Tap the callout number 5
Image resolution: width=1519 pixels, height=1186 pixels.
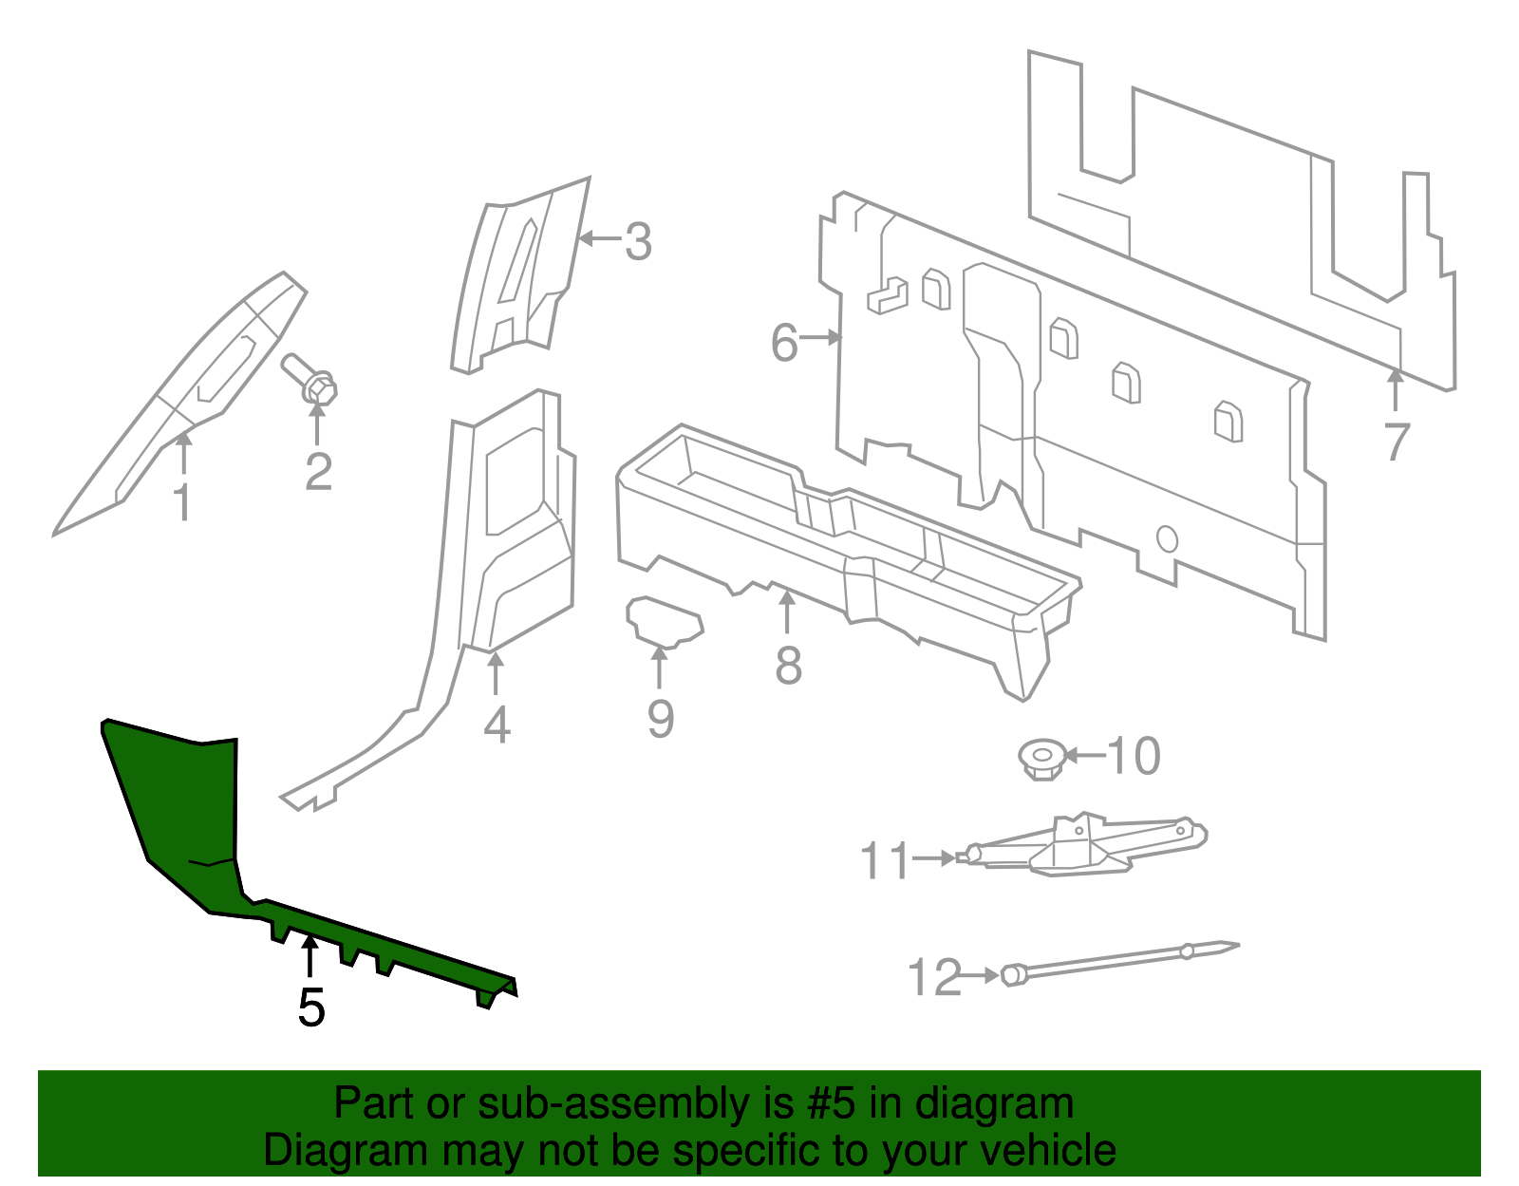click(310, 1007)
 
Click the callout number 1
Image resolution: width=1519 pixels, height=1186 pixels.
click(182, 502)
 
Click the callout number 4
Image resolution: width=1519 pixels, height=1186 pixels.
click(497, 725)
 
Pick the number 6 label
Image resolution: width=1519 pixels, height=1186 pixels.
click(783, 343)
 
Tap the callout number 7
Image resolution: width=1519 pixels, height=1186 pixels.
click(1396, 442)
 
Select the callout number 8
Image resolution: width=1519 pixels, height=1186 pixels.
click(788, 666)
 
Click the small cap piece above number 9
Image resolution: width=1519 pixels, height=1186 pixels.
click(665, 622)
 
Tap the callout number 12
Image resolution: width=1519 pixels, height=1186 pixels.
click(934, 977)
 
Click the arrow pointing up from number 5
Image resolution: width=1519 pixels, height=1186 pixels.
click(309, 954)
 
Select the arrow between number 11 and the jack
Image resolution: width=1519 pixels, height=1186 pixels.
click(935, 857)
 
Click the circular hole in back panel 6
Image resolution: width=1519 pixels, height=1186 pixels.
click(1167, 539)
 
